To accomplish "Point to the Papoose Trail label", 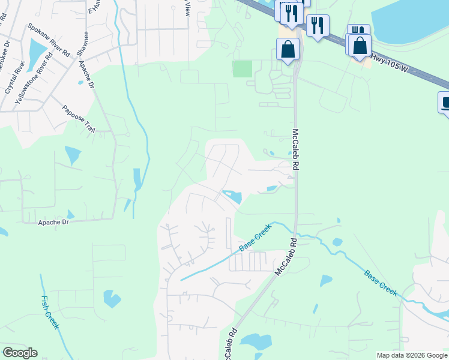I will pyautogui.click(x=79, y=119).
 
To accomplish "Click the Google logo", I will pyautogui.click(x=20, y=353).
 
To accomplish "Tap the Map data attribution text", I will pyautogui.click(x=412, y=355).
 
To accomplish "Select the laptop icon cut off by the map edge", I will pyautogui.click(x=445, y=103).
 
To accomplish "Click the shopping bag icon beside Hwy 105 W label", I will pyautogui.click(x=360, y=45).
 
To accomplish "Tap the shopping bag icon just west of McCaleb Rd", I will pyautogui.click(x=288, y=49).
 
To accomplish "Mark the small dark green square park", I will pyautogui.click(x=243, y=69).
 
